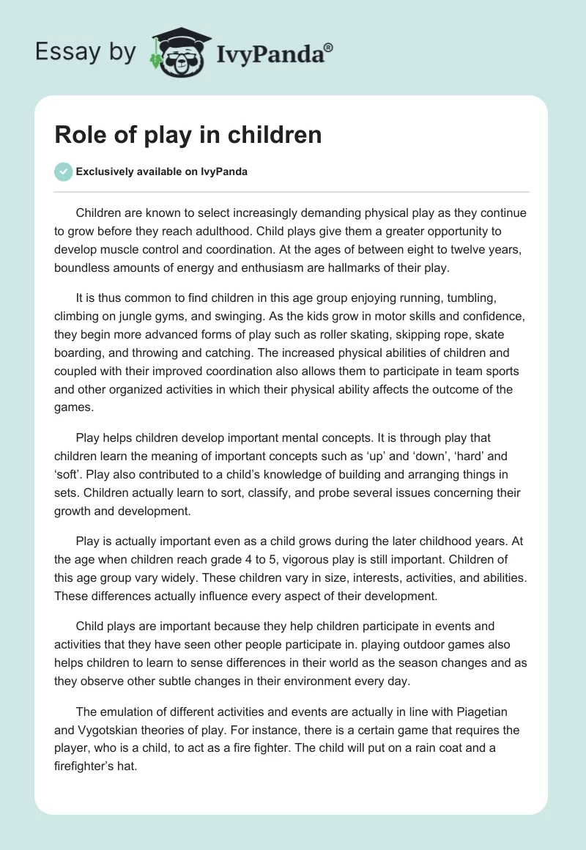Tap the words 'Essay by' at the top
[x=85, y=52]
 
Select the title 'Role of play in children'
[x=188, y=136]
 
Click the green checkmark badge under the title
[x=63, y=172]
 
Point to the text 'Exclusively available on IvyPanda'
[x=162, y=172]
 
